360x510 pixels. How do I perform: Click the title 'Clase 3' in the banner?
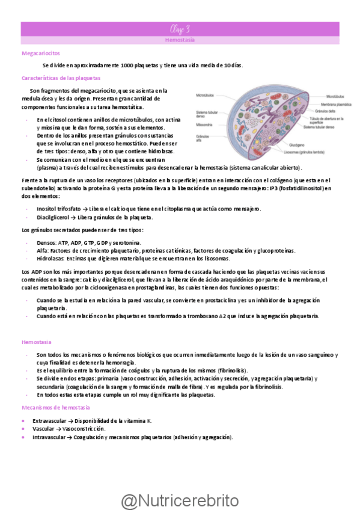[x=180, y=28]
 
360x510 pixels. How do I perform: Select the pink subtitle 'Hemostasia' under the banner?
[x=180, y=40]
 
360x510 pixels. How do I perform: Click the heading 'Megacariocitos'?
[x=38, y=54]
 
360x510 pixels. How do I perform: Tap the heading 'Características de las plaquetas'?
[x=61, y=78]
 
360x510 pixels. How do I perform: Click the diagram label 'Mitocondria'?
[x=205, y=124]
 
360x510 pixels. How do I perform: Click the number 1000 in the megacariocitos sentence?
[x=127, y=65]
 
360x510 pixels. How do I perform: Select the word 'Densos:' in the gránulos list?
[x=46, y=242]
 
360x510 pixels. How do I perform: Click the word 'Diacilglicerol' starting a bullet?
[x=52, y=217]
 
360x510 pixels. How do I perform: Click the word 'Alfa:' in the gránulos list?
[x=43, y=250]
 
